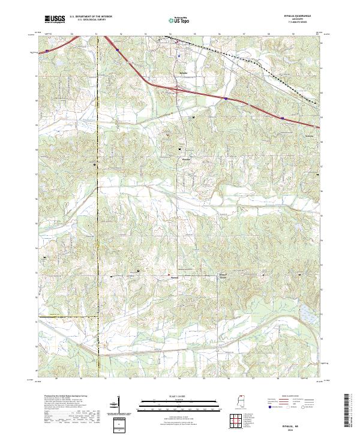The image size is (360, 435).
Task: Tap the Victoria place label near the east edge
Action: point(310,135)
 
